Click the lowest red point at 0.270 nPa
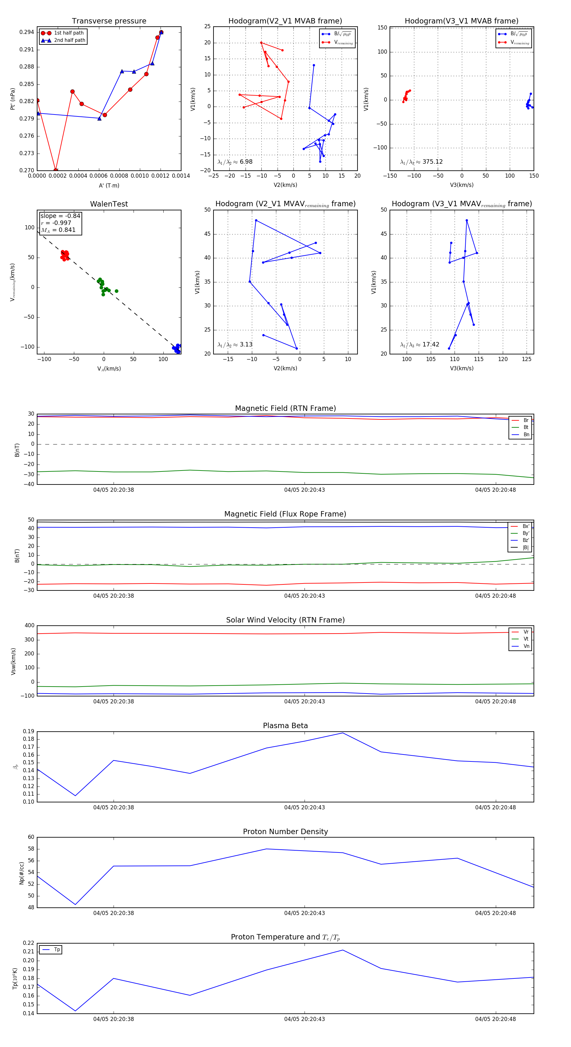pyautogui.click(x=56, y=170)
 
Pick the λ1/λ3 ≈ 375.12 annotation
pyautogui.click(x=422, y=162)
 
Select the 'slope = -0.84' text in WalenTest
pyautogui.click(x=60, y=216)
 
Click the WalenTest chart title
pyautogui.click(x=109, y=204)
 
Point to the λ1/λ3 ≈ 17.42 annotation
pyautogui.click(x=420, y=345)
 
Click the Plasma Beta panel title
pyautogui.click(x=285, y=726)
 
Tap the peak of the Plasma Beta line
pyautogui.click(x=343, y=733)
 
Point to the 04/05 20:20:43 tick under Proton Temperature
pyautogui.click(x=305, y=1019)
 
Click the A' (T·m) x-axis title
pyautogui.click(x=109, y=185)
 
